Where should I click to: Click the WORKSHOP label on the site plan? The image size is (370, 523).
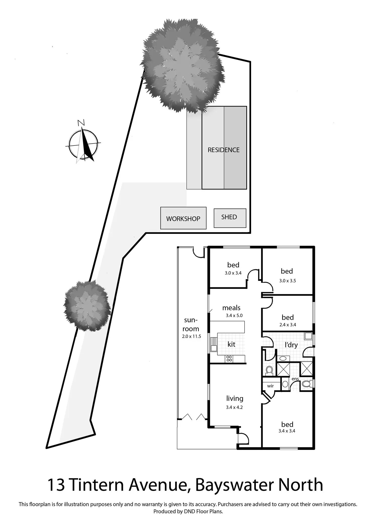tap(183, 219)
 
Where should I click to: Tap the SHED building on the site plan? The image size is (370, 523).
tap(230, 218)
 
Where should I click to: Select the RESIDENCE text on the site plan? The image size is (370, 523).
tap(223, 150)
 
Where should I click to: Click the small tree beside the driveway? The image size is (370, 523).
tap(87, 306)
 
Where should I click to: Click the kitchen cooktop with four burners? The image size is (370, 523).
tap(229, 358)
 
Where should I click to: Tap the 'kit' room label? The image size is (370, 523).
tap(231, 344)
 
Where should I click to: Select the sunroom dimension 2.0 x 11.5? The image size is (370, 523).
tap(192, 336)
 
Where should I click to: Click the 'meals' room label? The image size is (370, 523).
tap(231, 308)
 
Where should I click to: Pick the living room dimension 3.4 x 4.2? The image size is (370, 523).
tap(234, 407)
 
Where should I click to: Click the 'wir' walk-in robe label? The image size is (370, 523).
tap(270, 386)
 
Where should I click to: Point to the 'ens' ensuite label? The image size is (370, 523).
tap(295, 379)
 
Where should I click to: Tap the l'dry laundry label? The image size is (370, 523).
tap(291, 345)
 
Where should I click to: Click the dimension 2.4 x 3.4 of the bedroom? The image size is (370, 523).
tap(288, 325)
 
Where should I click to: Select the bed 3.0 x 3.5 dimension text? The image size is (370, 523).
tap(288, 281)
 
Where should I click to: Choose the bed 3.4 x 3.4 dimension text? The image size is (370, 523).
tap(287, 431)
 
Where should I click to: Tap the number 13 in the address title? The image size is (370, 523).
tap(56, 486)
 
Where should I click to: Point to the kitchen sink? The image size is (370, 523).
tap(214, 348)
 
